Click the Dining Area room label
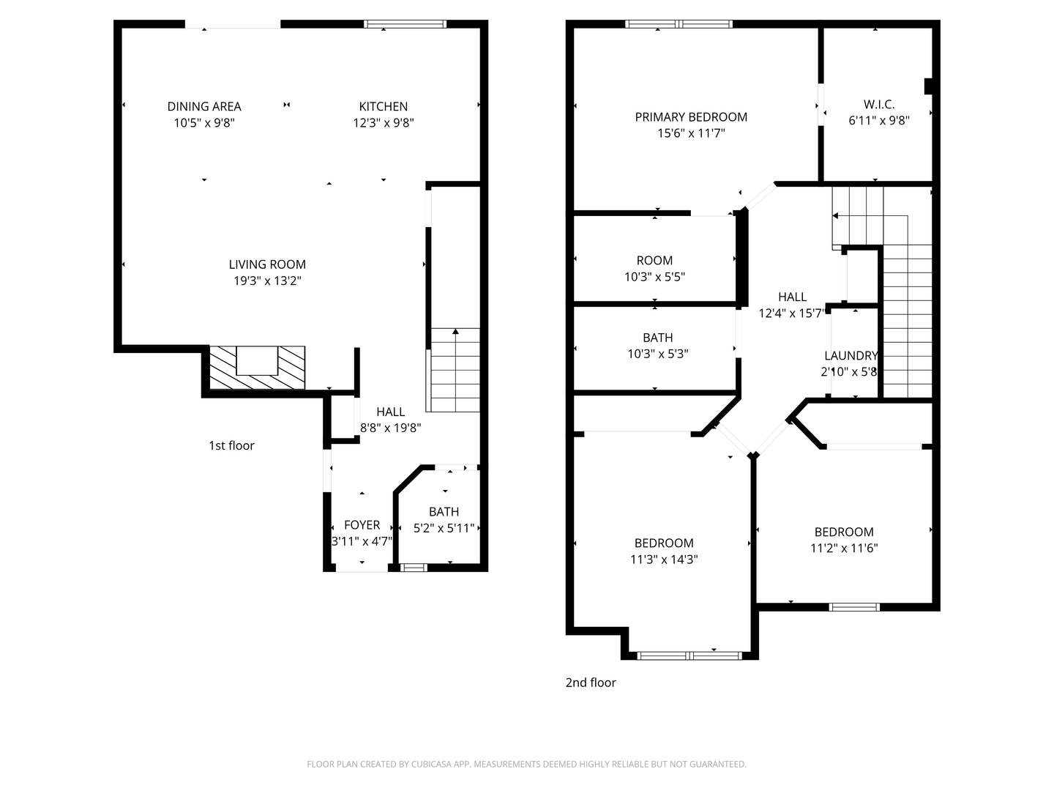[x=204, y=107]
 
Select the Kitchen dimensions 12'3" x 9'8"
[x=383, y=123]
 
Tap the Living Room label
[x=267, y=264]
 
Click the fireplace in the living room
[x=257, y=366]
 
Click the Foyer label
[x=362, y=525]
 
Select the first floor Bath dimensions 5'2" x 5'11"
[x=444, y=528]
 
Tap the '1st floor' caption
[x=231, y=445]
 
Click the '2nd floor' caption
[x=591, y=683]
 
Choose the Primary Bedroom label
[x=691, y=117]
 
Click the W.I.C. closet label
[x=878, y=105]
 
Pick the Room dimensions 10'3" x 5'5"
[x=654, y=277]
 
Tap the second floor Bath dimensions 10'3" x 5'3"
[x=657, y=354]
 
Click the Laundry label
[x=851, y=356]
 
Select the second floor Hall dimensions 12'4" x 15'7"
[x=792, y=313]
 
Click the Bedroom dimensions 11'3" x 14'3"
[x=664, y=560]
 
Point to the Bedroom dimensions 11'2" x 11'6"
[x=844, y=548]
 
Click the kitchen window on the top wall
[x=405, y=24]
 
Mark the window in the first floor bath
[x=414, y=567]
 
